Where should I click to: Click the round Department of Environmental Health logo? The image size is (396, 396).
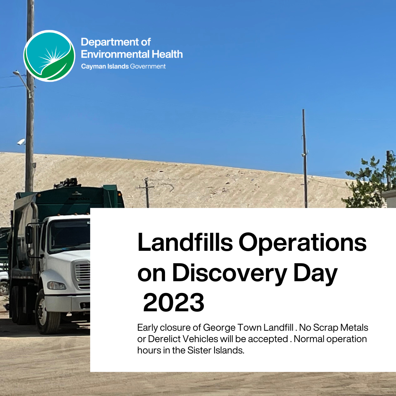coord(49,56)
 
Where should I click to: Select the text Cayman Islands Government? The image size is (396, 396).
coord(123,66)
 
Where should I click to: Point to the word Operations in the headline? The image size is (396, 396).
coord(302,243)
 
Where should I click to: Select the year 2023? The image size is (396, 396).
coord(174,302)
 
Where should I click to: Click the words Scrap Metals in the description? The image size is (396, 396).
coord(341,327)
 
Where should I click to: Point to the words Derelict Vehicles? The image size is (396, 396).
coord(183,339)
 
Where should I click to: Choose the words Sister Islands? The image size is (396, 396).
coord(216,350)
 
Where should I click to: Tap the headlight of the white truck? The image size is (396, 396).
coord(56,285)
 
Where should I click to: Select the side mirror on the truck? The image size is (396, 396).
coord(29,235)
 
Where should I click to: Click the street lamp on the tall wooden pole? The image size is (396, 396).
coord(16,73)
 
